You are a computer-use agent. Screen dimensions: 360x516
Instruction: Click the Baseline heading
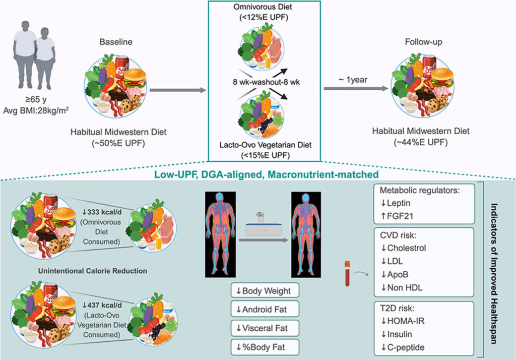[x=119, y=42]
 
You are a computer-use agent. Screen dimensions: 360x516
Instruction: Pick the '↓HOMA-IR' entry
[x=400, y=321]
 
